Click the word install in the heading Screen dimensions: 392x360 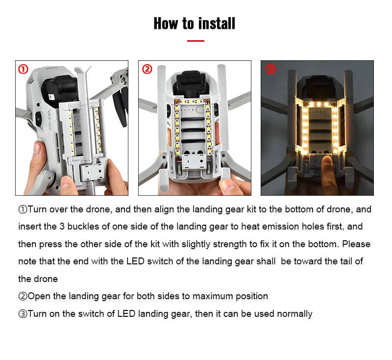point(217,23)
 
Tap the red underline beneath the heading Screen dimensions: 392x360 point(196,41)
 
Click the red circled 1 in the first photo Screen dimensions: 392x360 point(23,69)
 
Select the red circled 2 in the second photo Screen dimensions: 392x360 point(147,69)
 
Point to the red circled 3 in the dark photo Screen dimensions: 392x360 point(270,69)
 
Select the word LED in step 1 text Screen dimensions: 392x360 point(135,261)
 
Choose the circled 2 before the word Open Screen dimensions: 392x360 point(23,296)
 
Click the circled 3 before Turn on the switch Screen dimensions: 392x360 point(23,314)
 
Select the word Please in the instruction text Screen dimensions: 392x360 point(356,244)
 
